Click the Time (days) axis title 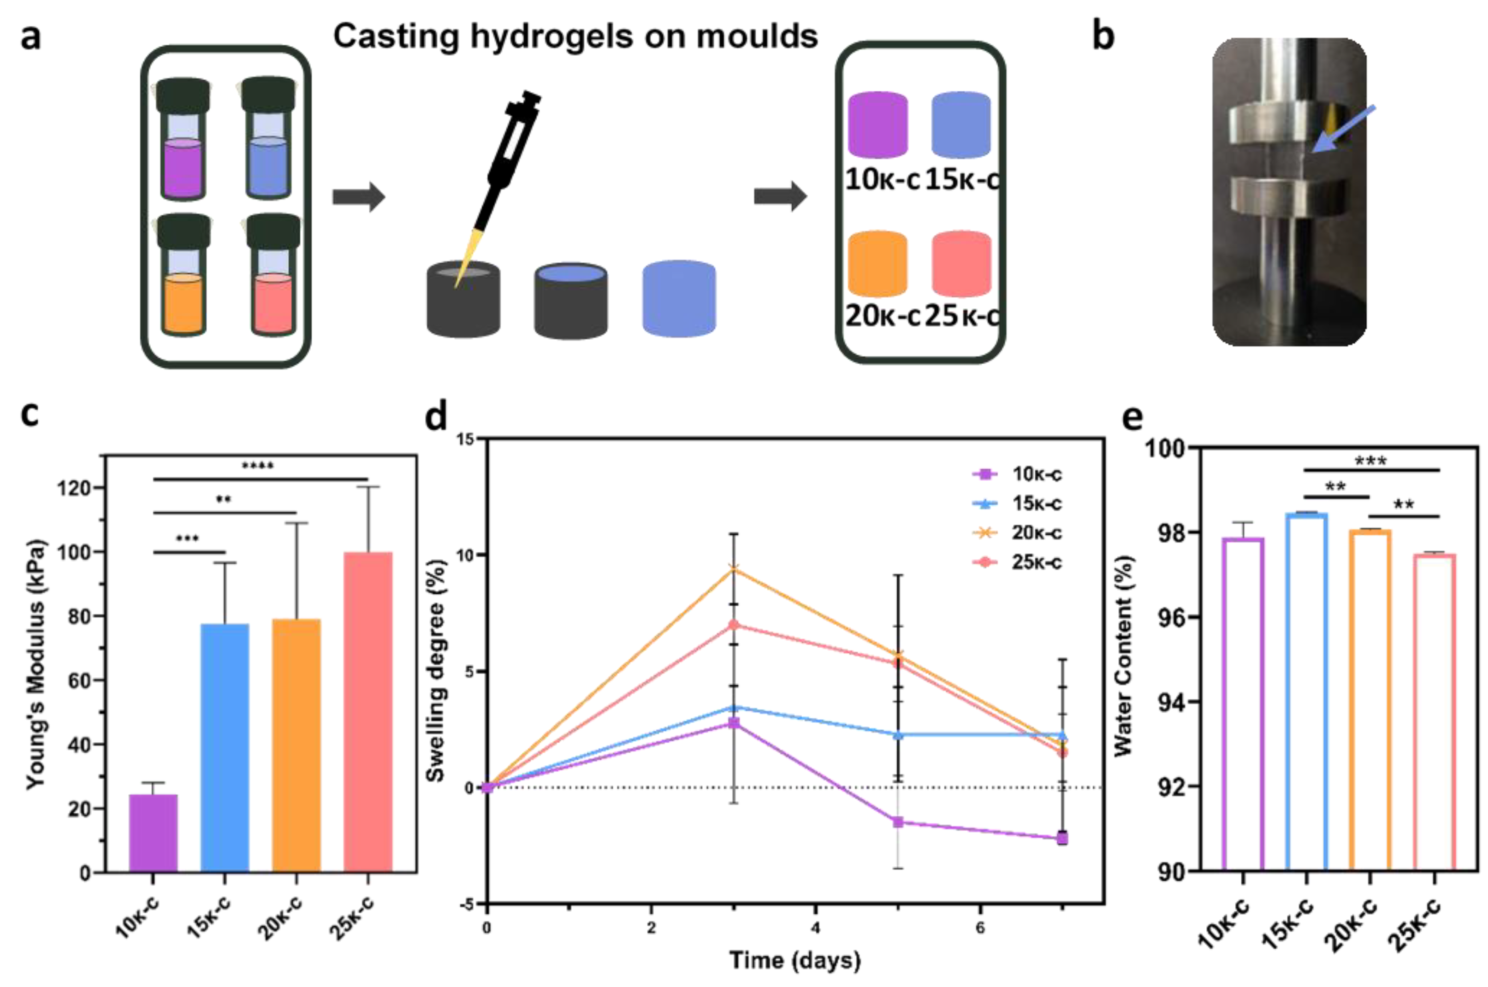point(795,960)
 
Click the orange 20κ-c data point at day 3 point(733,569)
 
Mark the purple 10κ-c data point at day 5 point(898,822)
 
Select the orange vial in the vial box point(183,302)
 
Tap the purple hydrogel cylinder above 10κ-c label point(877,124)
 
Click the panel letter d point(436,416)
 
